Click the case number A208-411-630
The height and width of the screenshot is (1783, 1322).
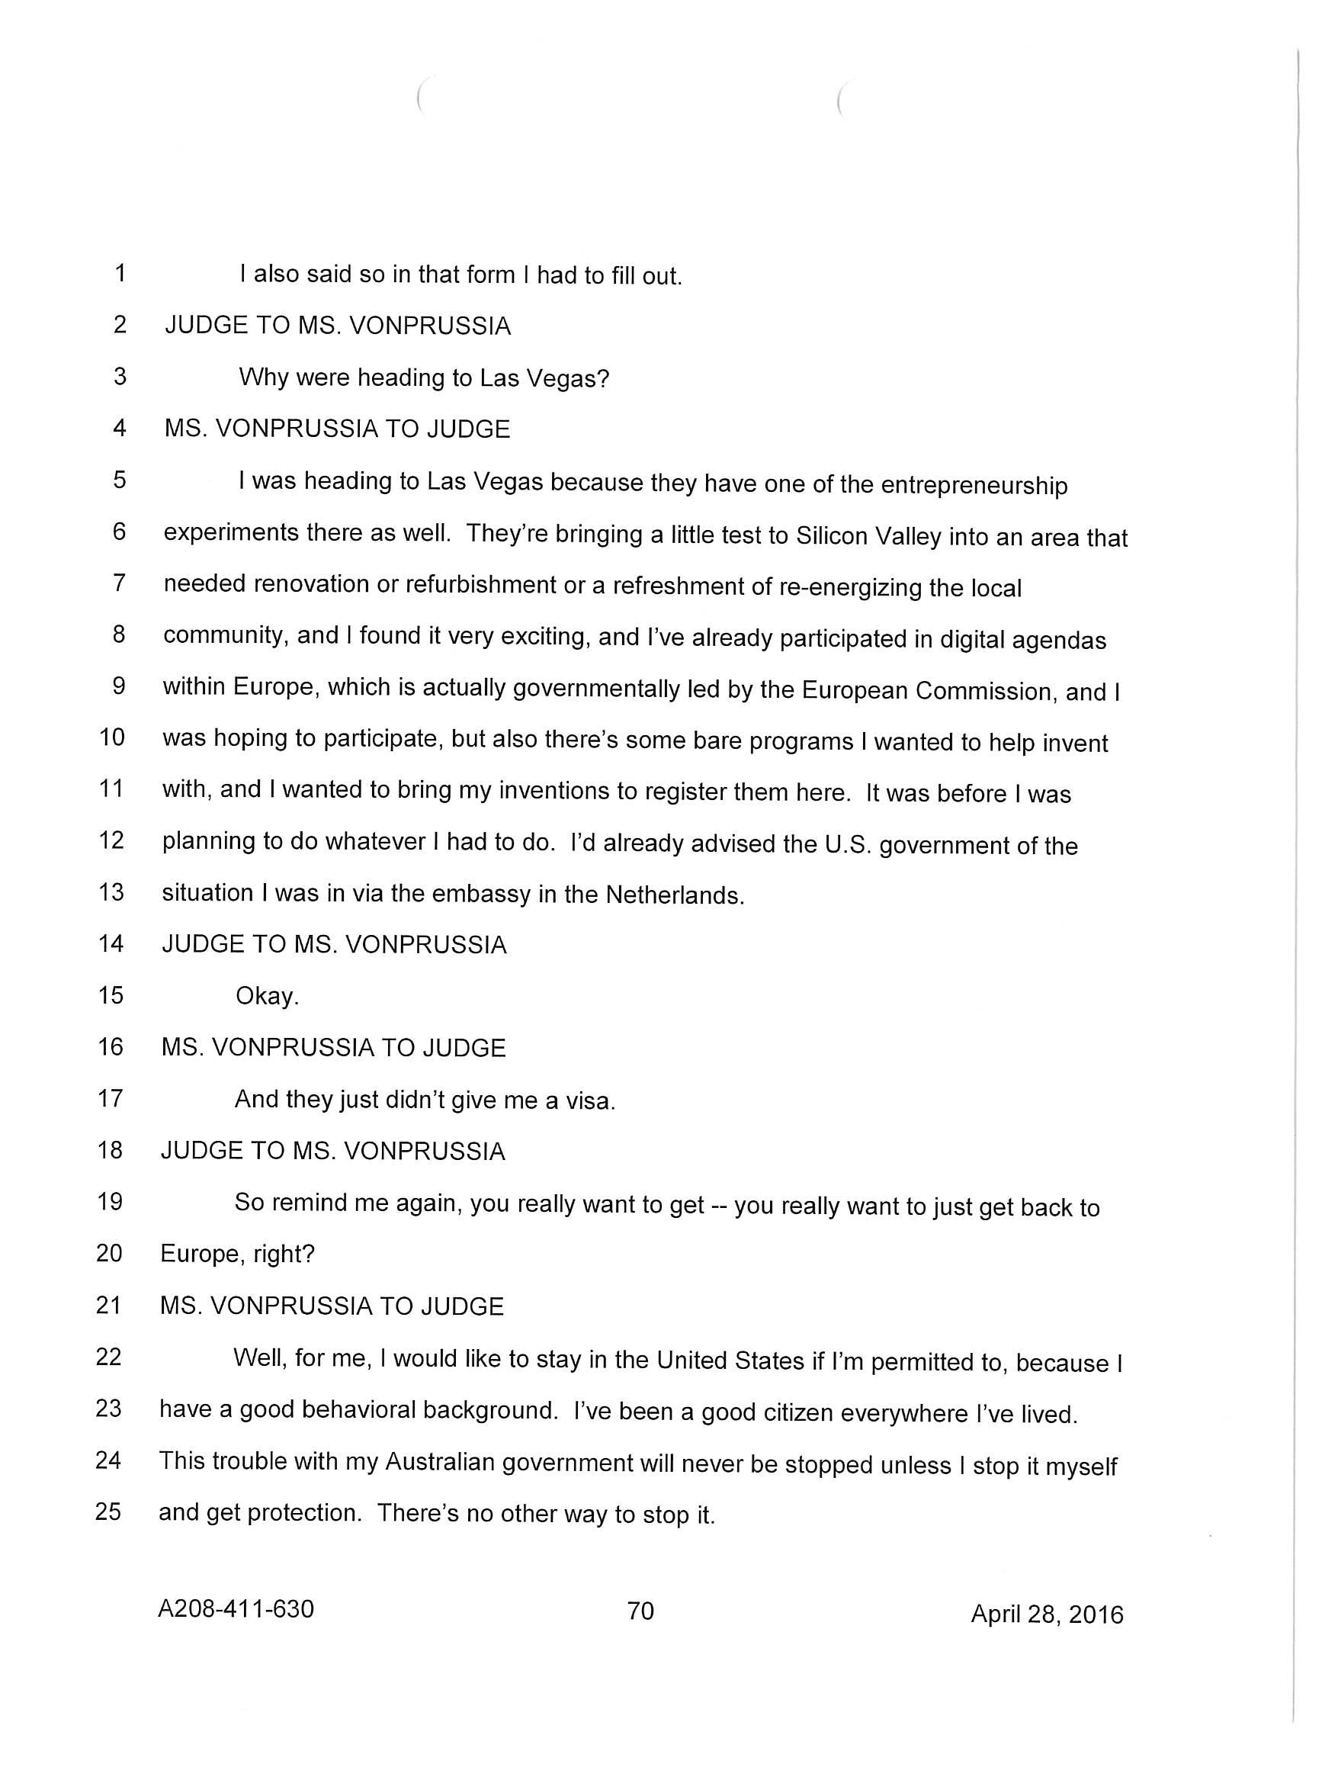tap(236, 1608)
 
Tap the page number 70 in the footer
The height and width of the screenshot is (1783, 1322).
tap(640, 1610)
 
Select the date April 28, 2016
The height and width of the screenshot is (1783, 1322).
tap(1047, 1614)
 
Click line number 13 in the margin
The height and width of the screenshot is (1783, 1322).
tap(111, 891)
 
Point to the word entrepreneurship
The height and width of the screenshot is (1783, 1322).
tap(974, 486)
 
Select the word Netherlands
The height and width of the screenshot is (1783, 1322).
tap(674, 895)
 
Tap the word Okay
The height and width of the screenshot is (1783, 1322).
tap(267, 996)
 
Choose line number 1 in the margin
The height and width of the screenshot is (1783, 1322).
tap(120, 274)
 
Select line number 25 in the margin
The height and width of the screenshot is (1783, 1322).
tap(108, 1512)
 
